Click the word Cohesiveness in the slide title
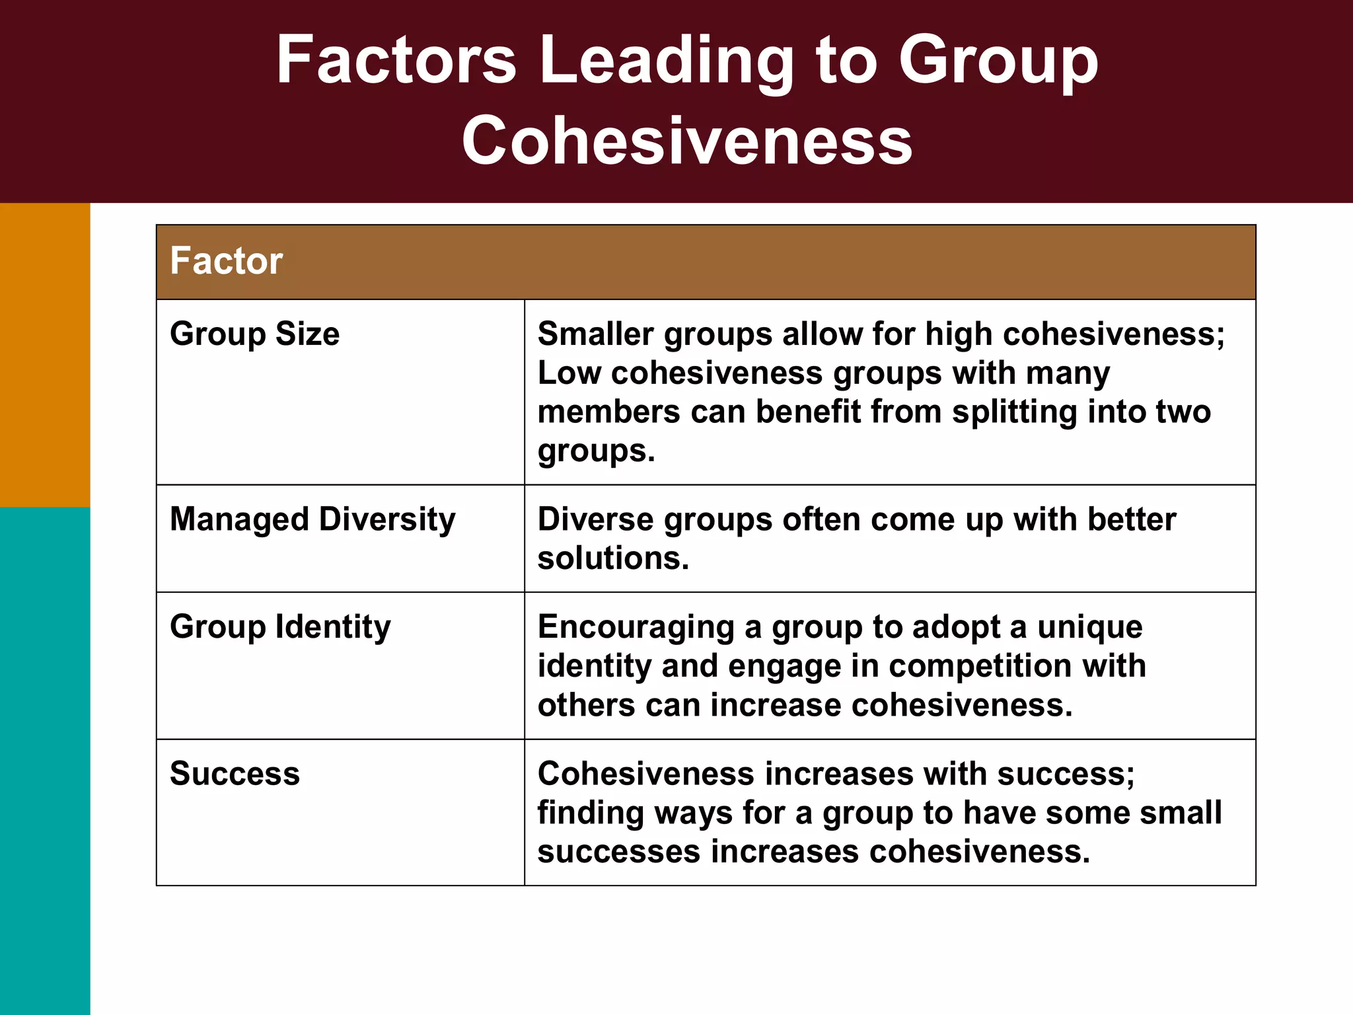coord(687,141)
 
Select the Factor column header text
coord(227,260)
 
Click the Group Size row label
coord(254,334)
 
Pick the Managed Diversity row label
coord(312,519)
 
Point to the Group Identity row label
coord(280,626)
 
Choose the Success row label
coord(235,773)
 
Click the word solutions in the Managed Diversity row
coord(612,558)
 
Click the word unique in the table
coord(1089,627)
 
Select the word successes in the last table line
coord(618,852)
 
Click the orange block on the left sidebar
coord(45,355)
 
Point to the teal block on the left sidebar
coord(45,760)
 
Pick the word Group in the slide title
coord(998,61)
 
